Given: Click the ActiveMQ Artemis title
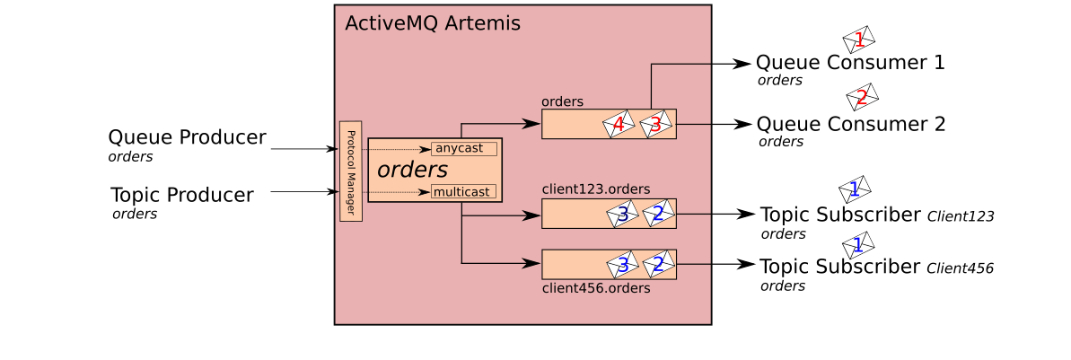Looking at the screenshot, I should tap(432, 24).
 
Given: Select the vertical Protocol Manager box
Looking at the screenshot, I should tap(350, 171).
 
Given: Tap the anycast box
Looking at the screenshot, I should tap(463, 148).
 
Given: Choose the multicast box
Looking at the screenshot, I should tap(463, 191).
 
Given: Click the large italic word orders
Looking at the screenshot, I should tap(412, 170).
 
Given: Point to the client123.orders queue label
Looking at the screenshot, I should tap(595, 189).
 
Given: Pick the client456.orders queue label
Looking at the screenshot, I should tap(595, 289).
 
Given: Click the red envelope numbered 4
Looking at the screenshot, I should tap(618, 124).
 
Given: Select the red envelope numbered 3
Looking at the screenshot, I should tap(655, 124).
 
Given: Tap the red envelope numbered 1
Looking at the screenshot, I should tap(859, 40).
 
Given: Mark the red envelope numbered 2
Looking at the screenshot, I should tap(862, 97).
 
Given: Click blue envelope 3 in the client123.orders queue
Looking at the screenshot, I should tap(622, 214).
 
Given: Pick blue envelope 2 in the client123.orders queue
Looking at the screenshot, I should tap(658, 214).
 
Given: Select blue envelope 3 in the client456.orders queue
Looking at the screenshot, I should tap(622, 264).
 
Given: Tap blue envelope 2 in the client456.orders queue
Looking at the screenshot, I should tap(658, 264).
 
